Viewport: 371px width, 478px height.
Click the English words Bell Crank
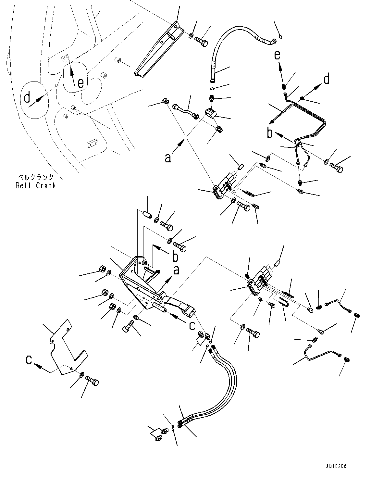pyautogui.click(x=36, y=185)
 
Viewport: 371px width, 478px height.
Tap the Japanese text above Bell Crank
pyautogui.click(x=36, y=177)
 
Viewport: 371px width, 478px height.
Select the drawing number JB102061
pyautogui.click(x=338, y=466)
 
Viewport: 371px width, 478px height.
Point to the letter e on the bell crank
pyautogui.click(x=80, y=83)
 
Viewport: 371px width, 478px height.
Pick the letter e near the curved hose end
pyautogui.click(x=277, y=55)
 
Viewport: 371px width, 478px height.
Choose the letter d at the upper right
pyautogui.click(x=327, y=79)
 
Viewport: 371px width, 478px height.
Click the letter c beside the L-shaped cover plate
pyautogui.click(x=30, y=360)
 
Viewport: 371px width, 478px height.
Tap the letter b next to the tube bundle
pyautogui.click(x=270, y=133)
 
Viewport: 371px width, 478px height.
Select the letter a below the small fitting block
pyautogui.click(x=168, y=158)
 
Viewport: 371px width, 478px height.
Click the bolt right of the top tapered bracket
pyautogui.click(x=201, y=42)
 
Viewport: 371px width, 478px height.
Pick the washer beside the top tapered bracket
pyautogui.click(x=192, y=35)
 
